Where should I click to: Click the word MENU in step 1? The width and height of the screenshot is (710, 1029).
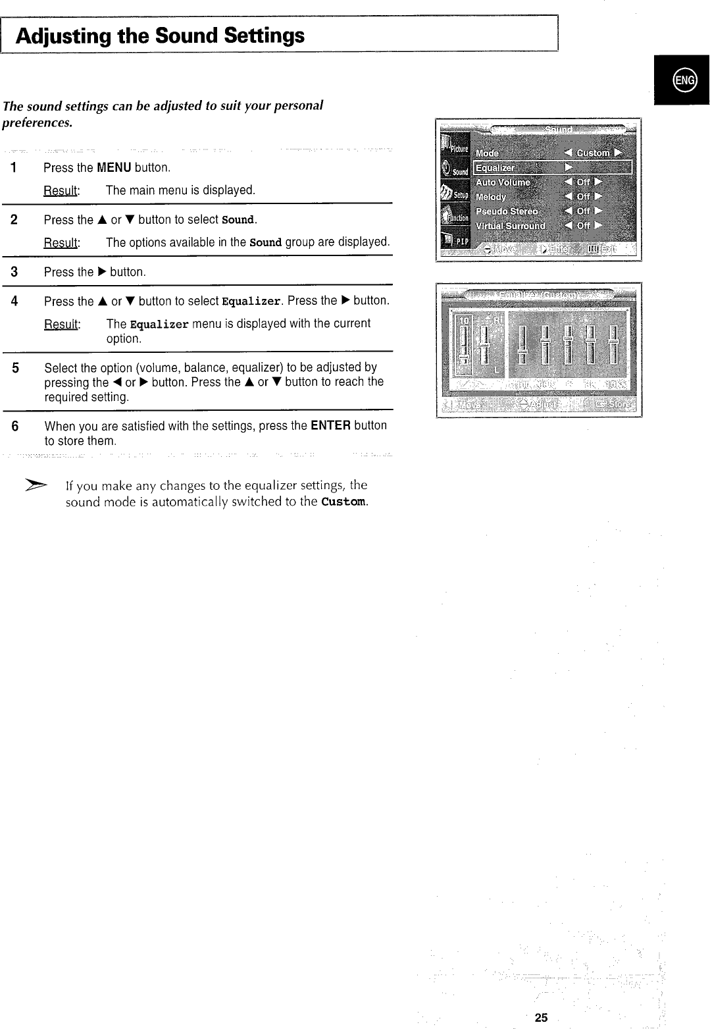pos(115,167)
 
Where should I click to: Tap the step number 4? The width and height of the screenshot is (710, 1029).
pos(14,302)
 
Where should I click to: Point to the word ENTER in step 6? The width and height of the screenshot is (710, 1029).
pos(331,425)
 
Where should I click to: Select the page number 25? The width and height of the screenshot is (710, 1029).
pos(541,1018)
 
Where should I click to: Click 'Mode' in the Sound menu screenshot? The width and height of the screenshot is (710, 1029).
pos(487,153)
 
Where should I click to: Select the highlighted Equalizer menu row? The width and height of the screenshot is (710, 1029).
pos(552,168)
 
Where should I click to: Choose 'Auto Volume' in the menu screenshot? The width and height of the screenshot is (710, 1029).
pos(503,182)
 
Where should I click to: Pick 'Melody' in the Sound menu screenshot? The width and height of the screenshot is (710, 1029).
pos(491,197)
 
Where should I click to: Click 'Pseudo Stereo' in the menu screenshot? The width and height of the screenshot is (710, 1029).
pos(507,211)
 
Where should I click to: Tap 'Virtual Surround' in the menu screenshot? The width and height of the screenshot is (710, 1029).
pos(511,226)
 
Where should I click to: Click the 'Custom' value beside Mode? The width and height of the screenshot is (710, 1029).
pos(594,153)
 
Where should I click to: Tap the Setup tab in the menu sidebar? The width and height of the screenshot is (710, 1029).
pos(453,194)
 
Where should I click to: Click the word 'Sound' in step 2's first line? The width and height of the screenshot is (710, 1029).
pos(238,220)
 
